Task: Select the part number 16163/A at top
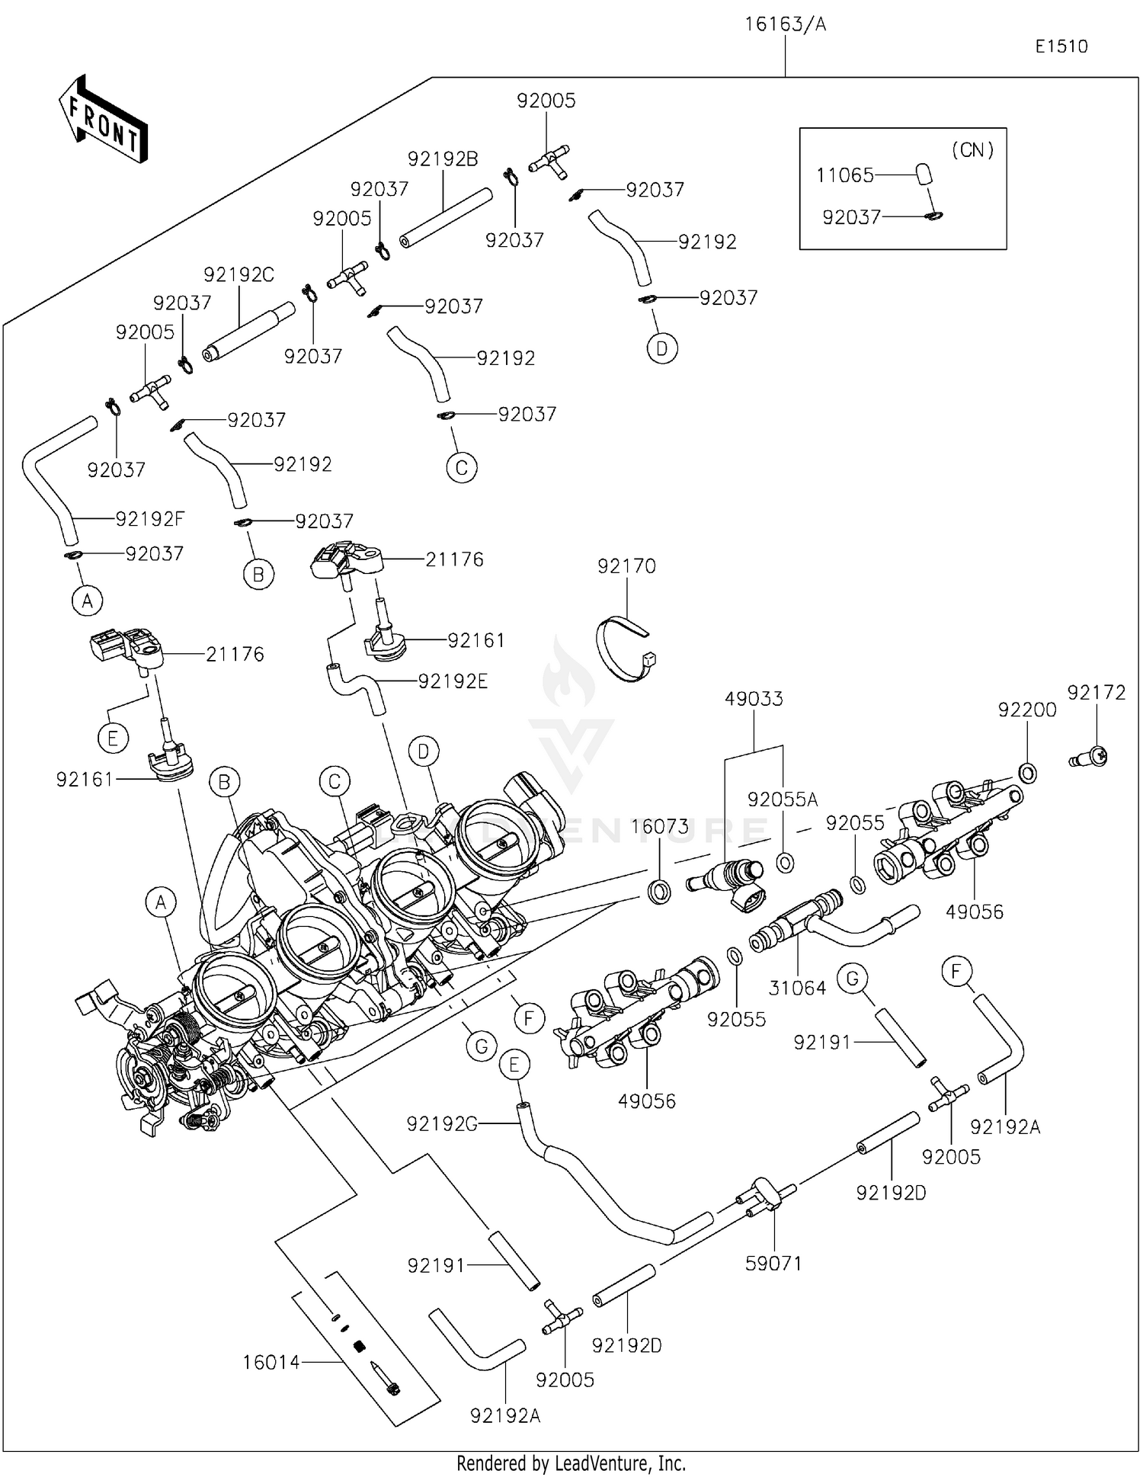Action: pos(785,24)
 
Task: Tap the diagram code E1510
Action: pos(1061,46)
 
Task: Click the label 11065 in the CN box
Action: pos(844,175)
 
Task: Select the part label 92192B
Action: pos(443,159)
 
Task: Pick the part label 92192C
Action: pos(239,275)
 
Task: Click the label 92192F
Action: pos(150,519)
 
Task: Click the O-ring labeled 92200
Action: pos(1027,773)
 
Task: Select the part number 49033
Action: pos(754,699)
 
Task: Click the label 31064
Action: pos(797,988)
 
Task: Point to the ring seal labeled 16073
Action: pos(659,890)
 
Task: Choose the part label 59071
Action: pos(773,1264)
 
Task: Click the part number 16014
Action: pos(271,1362)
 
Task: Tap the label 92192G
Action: pos(442,1124)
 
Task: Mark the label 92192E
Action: pos(453,682)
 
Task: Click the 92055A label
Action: pos(783,799)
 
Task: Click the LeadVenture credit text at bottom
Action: pos(571,1463)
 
